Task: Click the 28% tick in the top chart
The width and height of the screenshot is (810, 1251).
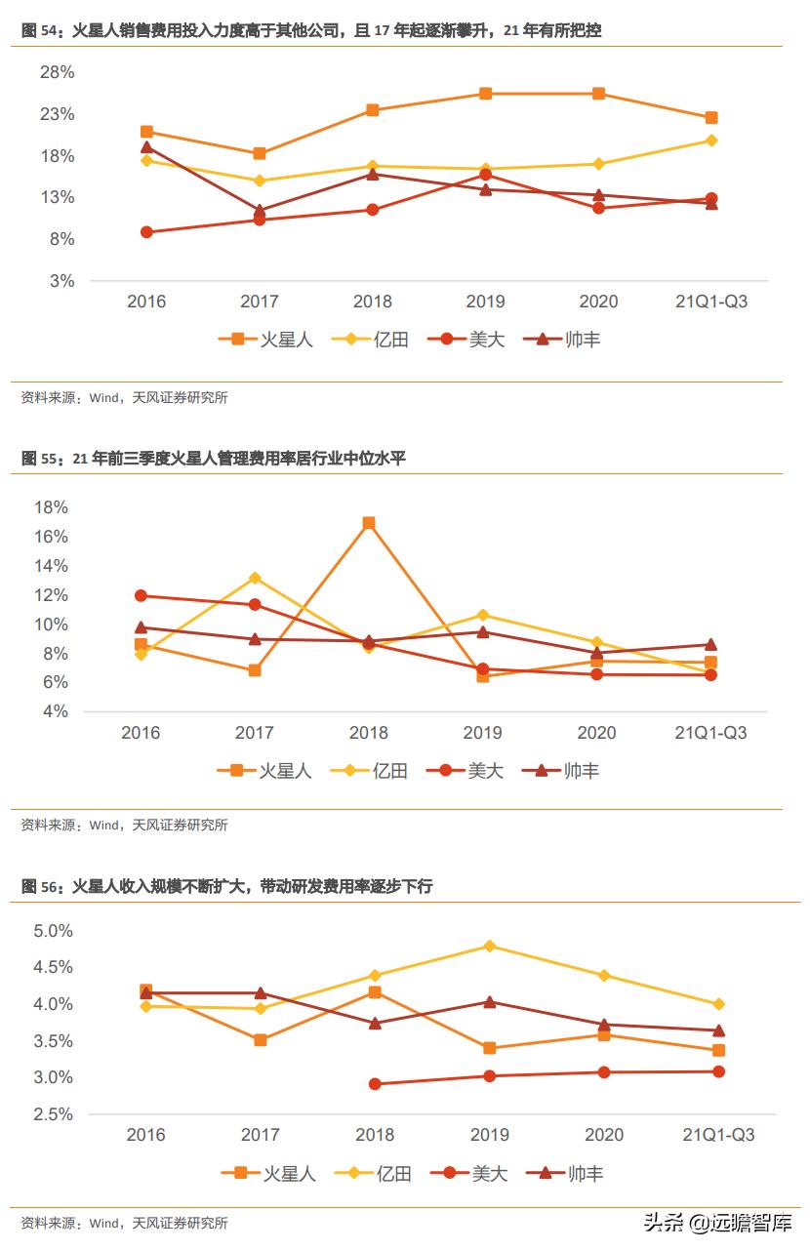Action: point(56,72)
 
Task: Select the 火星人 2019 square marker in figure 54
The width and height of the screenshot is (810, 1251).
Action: point(485,94)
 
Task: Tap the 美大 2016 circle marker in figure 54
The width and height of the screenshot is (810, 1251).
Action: point(146,232)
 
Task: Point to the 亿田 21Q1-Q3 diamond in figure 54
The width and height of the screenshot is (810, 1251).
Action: point(711,141)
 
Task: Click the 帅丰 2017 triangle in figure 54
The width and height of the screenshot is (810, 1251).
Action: point(260,210)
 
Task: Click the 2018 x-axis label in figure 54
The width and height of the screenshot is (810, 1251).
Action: point(372,302)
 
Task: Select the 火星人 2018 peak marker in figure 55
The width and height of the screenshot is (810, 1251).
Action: point(369,523)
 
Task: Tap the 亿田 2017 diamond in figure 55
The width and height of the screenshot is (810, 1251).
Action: point(255,578)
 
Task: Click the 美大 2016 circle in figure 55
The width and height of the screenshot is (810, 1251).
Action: point(141,595)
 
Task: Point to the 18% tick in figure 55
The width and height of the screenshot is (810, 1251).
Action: point(50,507)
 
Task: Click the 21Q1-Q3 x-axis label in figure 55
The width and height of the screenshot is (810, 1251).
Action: point(710,733)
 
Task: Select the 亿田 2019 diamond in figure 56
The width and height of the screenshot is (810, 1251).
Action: point(490,946)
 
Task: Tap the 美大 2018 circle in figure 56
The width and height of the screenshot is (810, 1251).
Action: point(375,1084)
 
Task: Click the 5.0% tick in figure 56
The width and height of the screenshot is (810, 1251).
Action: point(53,931)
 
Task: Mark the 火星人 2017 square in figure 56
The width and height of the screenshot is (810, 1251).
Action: point(261,1040)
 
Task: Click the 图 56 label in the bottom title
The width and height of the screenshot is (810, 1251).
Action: point(41,886)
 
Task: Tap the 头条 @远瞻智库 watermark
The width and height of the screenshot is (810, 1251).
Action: point(716,1223)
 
